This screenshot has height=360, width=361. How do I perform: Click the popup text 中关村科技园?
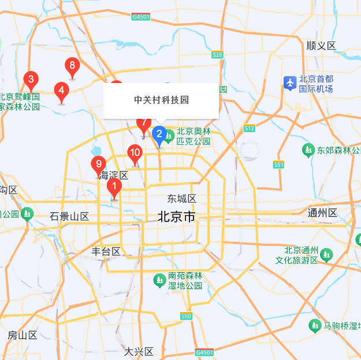coord(161,100)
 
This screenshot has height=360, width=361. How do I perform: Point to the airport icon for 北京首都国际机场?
coord(290,83)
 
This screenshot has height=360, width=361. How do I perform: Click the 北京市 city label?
coord(177,217)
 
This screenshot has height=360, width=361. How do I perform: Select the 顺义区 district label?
coord(321,46)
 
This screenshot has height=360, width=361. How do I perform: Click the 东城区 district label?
coord(182,198)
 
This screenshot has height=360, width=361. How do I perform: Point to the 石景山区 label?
coord(69,216)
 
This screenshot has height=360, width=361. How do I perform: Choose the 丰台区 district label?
coord(106,251)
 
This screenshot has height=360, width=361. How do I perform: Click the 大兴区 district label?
coord(139,351)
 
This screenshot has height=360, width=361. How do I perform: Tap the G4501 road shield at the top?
coord(140,17)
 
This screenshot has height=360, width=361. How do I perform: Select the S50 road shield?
coord(186,316)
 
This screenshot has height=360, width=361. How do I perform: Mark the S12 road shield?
coord(250,128)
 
